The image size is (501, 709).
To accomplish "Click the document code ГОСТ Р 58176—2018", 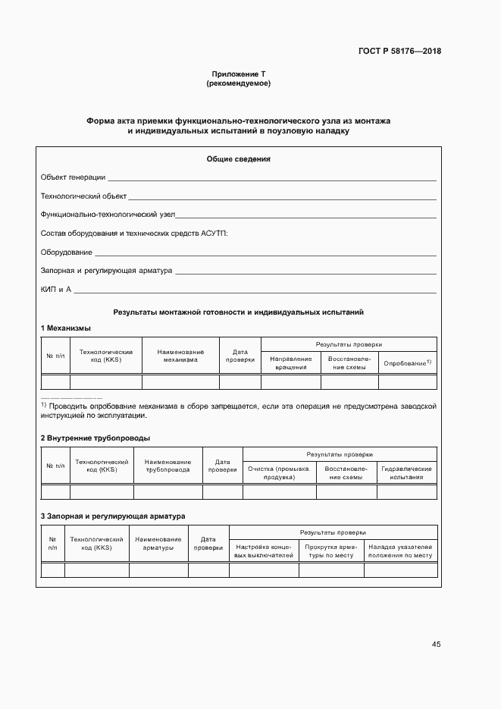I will pos(399,52).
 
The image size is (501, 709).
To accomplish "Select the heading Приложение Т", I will pos(238,74).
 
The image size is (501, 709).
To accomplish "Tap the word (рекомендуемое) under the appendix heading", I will pos(238,83).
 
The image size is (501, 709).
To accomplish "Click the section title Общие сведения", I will pos(238,158).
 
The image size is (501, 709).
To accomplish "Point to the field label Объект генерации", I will pos(73,177).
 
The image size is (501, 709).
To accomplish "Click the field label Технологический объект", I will pos(83,196).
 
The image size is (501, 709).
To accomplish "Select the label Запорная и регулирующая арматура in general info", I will pos(106,271).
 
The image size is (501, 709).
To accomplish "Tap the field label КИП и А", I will pos(55,290).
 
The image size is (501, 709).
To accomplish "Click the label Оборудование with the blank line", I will pos(67,252).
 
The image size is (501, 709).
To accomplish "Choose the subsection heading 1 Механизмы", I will pos(65,328).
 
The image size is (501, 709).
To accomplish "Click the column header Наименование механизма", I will pos(180,356).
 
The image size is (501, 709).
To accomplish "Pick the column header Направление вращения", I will pos(291,362).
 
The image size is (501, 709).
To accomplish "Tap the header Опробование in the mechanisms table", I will pos(406,363).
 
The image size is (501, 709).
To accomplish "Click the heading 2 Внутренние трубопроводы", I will pos(95,438).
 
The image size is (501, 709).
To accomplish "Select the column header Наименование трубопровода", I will pos(168,466).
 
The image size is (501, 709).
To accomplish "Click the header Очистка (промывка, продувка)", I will pos(279,473).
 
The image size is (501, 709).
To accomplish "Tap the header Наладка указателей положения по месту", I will pos(400,551).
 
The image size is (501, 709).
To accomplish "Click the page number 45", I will pos(436,645).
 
